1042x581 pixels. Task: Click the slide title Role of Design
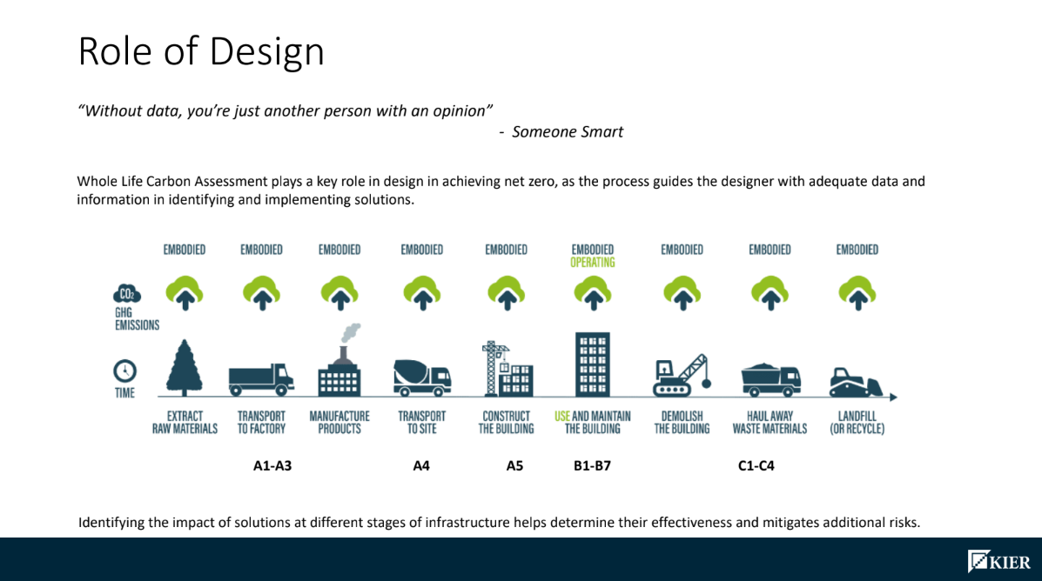(201, 51)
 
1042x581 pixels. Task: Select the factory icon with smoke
(339, 363)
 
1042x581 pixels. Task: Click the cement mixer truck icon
(422, 377)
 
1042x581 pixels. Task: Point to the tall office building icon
(592, 364)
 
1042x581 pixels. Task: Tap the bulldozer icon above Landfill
(856, 381)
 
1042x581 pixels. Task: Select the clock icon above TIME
(124, 371)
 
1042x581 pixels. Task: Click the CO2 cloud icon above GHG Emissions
(126, 295)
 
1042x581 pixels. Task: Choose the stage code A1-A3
(272, 465)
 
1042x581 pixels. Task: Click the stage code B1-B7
(592, 465)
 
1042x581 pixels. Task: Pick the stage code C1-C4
(756, 465)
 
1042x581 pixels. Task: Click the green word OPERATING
(592, 262)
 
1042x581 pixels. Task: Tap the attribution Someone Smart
(567, 132)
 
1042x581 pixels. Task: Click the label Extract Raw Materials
(185, 423)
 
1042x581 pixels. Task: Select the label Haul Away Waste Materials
(770, 423)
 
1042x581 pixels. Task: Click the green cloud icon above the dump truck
(770, 293)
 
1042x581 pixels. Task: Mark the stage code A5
(514, 465)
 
